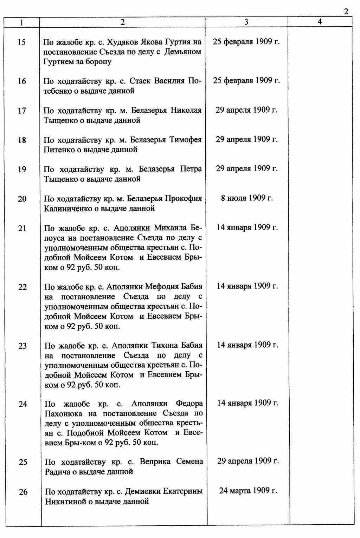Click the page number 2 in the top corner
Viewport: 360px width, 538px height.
click(x=346, y=12)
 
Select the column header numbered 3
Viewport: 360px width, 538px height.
click(x=246, y=22)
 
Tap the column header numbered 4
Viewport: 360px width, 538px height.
click(x=320, y=22)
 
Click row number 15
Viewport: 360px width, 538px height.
click(x=21, y=42)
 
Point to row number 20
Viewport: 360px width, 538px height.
click(x=22, y=199)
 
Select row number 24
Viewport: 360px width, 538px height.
click(x=23, y=404)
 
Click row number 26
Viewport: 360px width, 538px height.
click(x=23, y=492)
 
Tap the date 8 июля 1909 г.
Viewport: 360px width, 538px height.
click(x=247, y=198)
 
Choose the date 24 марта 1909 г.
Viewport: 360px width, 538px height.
click(x=248, y=490)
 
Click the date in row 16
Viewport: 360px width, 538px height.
click(x=246, y=80)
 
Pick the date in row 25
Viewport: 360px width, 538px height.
click(x=248, y=461)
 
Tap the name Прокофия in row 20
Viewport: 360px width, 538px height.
click(x=184, y=199)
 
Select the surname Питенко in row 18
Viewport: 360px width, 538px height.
click(x=58, y=150)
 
